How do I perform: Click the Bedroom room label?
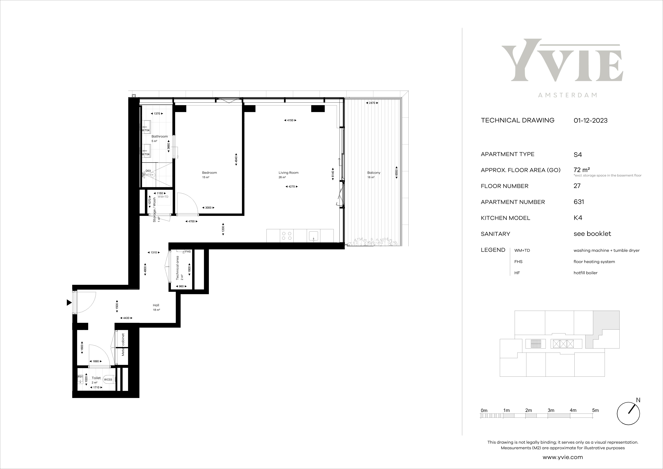pos(209,172)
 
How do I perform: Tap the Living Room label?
pos(288,172)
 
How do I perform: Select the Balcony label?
pos(374,172)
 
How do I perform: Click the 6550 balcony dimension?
pos(396,172)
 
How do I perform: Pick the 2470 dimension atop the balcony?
pos(372,103)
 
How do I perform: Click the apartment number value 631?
pos(579,202)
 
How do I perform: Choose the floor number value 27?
pos(577,186)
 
